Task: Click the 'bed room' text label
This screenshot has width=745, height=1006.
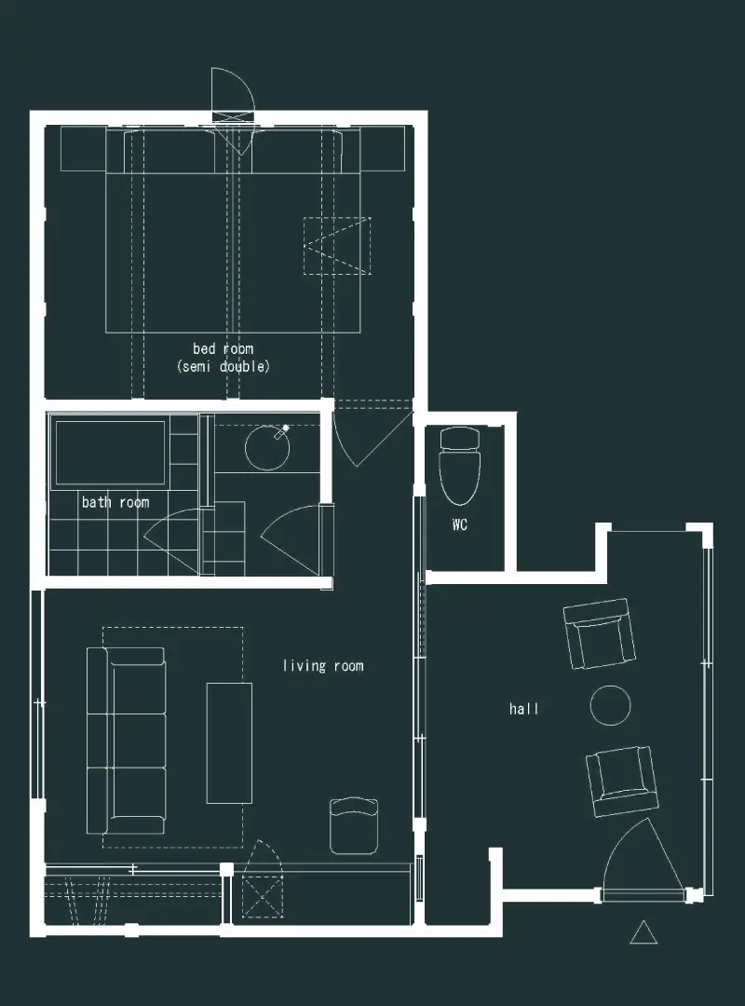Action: coord(223,349)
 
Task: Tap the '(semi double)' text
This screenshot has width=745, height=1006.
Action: coord(223,366)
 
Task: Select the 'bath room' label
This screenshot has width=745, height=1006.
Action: coord(115,502)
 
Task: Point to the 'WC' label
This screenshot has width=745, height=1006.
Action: coord(459,524)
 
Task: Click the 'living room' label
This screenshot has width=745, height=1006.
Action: coord(323,666)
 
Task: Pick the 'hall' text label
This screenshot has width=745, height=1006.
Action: coord(523,709)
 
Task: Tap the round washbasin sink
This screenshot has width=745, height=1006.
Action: coord(267,446)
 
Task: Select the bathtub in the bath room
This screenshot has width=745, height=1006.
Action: coord(111,453)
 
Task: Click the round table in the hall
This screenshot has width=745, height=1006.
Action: coord(610,705)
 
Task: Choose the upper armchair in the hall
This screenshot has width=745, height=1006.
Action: coord(600,634)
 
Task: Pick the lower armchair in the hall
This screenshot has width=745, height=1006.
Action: coord(622,781)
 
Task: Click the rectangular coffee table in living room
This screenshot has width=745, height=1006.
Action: coord(229,743)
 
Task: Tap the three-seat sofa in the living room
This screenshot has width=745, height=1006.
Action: coord(126,741)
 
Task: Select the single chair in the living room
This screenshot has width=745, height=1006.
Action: coord(354,825)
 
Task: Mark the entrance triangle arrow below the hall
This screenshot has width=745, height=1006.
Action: coord(643,932)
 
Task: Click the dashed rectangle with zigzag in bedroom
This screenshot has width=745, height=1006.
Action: coord(337,246)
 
